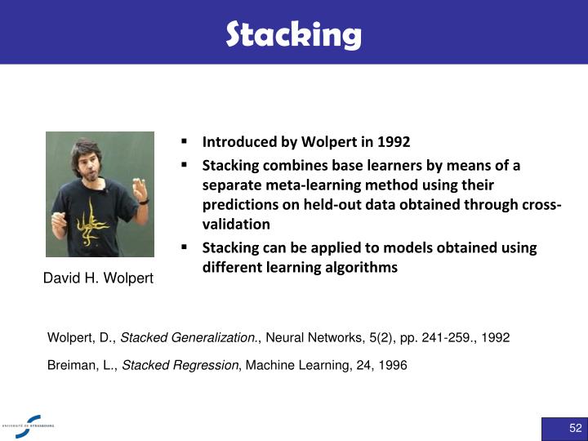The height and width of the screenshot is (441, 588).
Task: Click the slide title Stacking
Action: tap(293, 34)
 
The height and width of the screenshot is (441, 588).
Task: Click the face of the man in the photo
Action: tap(91, 158)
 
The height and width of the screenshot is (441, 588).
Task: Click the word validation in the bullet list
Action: tap(236, 224)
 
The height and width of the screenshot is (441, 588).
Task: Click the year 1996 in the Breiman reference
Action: tap(392, 366)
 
